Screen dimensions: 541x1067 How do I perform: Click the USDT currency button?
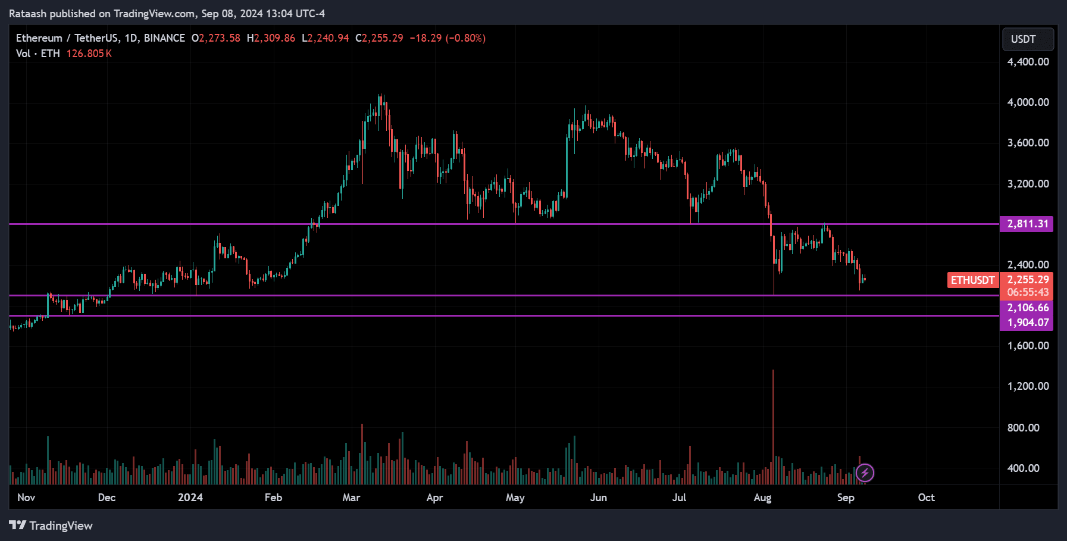[1028, 39]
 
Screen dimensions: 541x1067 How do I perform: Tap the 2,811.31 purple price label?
[1027, 224]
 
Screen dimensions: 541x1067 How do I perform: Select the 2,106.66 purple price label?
[1027, 308]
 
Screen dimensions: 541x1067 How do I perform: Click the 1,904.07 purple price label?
[1027, 323]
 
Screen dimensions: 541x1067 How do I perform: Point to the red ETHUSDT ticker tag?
[972, 280]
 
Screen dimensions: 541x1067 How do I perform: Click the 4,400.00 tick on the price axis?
[1028, 62]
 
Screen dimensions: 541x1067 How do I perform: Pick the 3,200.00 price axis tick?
[1028, 184]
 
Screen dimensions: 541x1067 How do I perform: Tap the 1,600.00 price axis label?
[1028, 346]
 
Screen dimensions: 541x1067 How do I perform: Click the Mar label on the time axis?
[351, 498]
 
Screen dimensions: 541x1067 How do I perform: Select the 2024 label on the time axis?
[190, 498]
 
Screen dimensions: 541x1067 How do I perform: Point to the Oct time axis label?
[926, 498]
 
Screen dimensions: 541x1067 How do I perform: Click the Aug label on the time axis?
[762, 498]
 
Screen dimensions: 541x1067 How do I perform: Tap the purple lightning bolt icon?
[865, 473]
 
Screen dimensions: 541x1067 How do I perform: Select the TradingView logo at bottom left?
[51, 526]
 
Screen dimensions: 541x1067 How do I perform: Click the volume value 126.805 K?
[89, 54]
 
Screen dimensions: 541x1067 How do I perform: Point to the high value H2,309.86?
[271, 38]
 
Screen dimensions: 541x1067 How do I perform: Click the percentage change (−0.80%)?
[466, 38]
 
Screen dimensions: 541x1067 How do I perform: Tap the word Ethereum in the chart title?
[39, 38]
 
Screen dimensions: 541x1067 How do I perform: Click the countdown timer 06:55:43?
[1028, 293]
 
